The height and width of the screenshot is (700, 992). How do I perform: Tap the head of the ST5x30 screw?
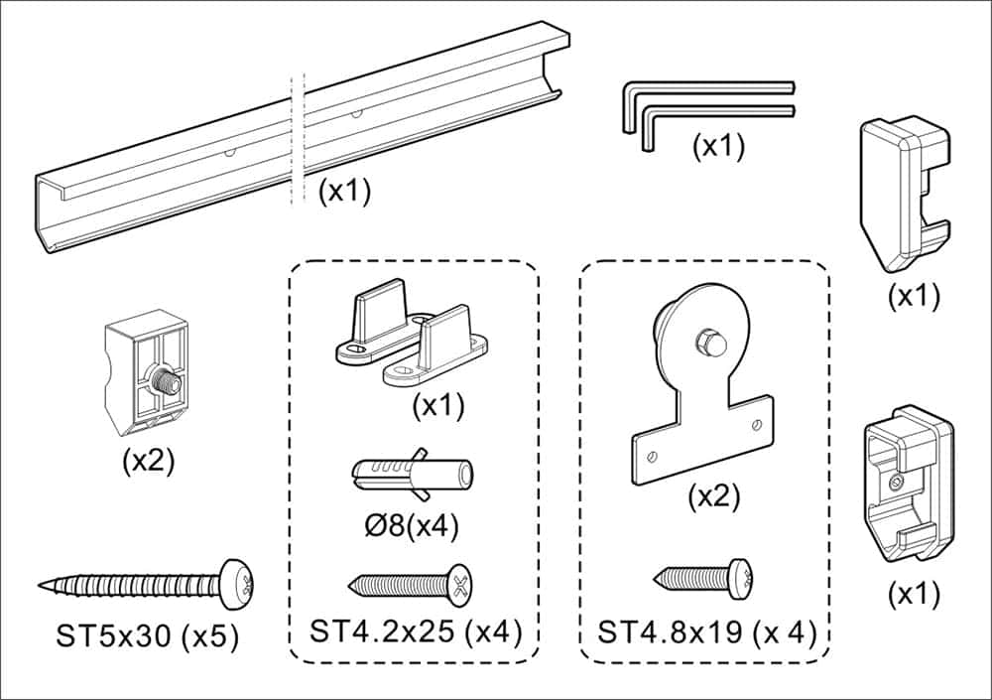pyautogui.click(x=236, y=583)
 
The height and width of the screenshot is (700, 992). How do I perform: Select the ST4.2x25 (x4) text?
pyautogui.click(x=415, y=630)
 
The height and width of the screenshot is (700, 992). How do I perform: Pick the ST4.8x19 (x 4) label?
pyautogui.click(x=705, y=630)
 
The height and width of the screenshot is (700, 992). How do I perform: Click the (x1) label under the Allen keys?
pyautogui.click(x=717, y=147)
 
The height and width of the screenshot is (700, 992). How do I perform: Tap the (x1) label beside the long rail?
pyautogui.click(x=344, y=191)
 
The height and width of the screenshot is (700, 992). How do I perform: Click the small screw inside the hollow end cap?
pyautogui.click(x=897, y=483)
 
